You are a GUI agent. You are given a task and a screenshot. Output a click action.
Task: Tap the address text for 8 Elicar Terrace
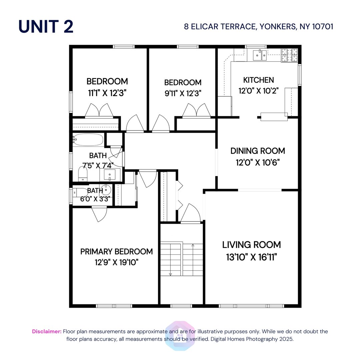(258, 26)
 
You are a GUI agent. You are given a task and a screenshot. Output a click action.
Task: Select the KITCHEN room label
(258, 80)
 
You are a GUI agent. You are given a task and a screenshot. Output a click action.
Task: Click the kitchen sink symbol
(260, 55)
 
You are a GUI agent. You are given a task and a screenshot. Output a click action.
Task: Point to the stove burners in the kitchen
(289, 55)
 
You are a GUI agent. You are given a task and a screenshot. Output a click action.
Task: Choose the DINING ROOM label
(258, 151)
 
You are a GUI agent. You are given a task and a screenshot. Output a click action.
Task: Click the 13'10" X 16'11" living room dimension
(252, 257)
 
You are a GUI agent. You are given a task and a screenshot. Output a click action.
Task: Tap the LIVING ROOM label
(252, 245)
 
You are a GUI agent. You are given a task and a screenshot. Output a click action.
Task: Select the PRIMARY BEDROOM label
(116, 252)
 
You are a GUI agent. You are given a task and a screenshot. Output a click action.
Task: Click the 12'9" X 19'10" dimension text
(116, 262)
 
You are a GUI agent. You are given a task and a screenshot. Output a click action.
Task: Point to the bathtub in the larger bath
(88, 140)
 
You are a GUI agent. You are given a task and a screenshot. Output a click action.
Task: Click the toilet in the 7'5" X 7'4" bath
(82, 173)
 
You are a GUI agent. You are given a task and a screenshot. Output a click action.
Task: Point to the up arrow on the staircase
(193, 246)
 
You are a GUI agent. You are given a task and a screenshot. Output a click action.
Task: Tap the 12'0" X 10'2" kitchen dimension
(258, 91)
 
